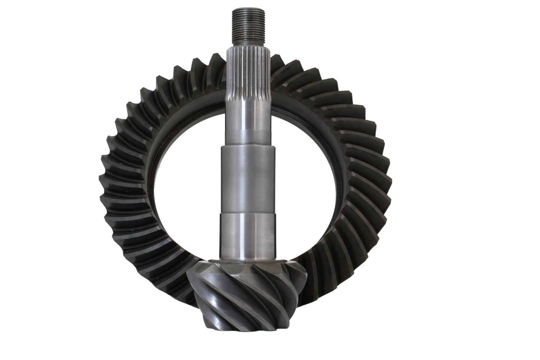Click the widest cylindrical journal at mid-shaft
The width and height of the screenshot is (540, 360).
pyautogui.click(x=247, y=176)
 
